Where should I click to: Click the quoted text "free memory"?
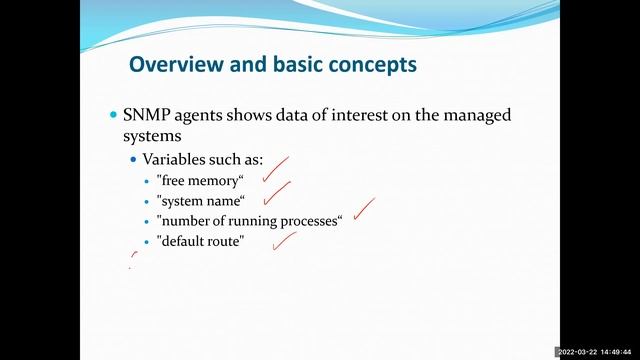(x=200, y=180)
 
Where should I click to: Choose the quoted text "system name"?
(x=200, y=200)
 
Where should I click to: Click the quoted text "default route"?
(x=200, y=241)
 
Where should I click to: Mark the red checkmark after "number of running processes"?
(x=363, y=207)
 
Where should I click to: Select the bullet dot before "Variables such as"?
(x=135, y=160)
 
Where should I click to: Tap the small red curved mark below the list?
(x=134, y=260)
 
